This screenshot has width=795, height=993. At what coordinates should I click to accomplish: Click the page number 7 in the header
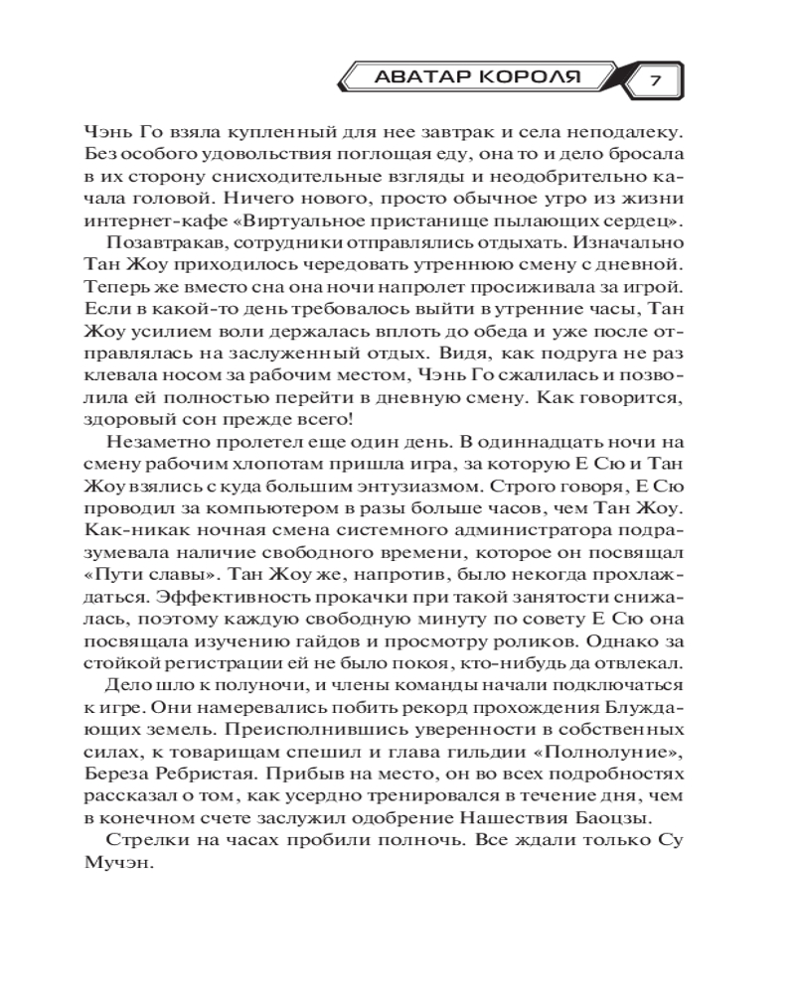point(656,78)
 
